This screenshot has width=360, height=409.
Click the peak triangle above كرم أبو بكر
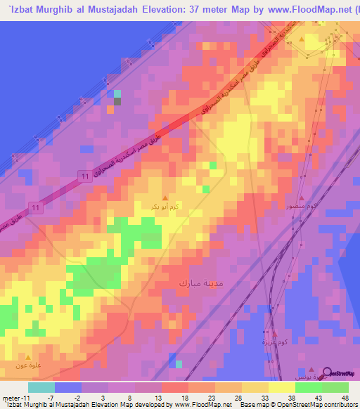165,197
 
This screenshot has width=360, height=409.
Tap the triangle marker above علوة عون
28,356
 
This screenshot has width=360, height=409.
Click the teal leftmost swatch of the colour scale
41,387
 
